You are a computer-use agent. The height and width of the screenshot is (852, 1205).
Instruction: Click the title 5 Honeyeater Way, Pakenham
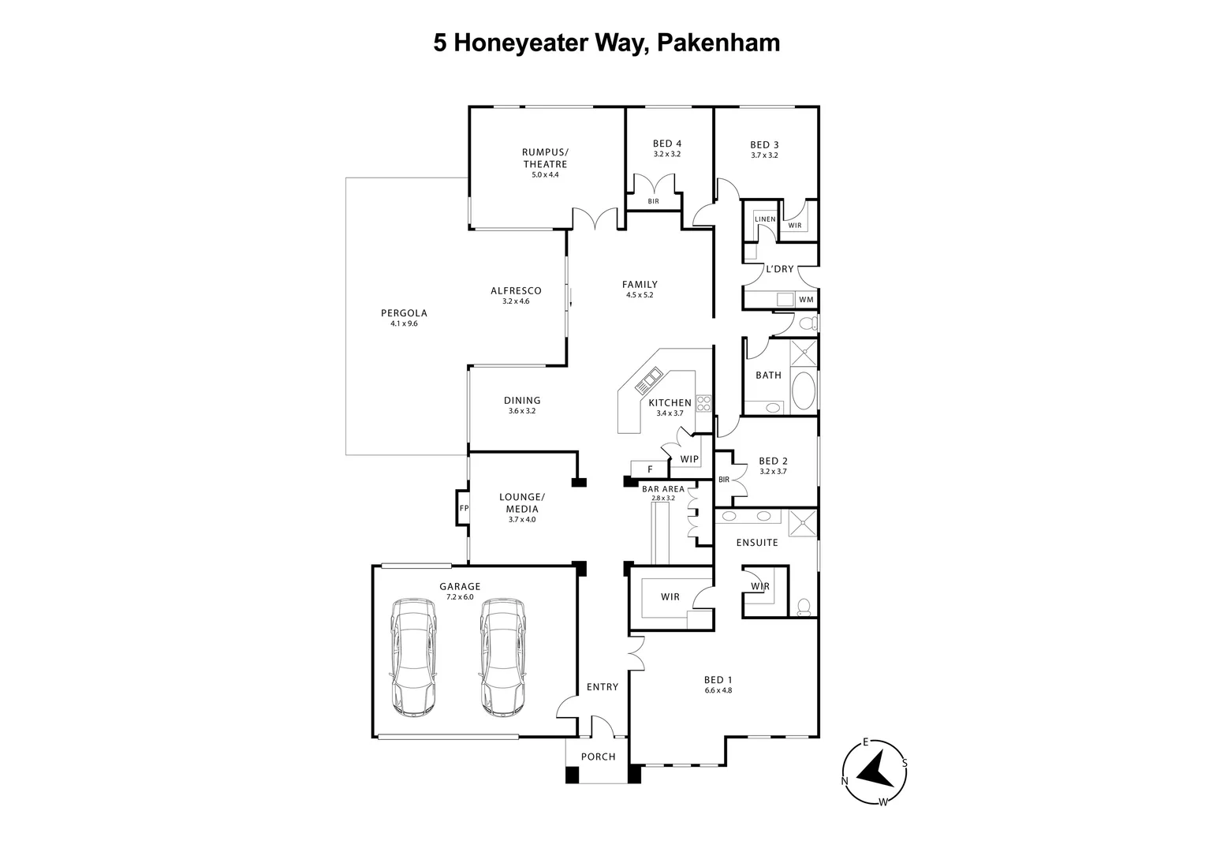pos(606,42)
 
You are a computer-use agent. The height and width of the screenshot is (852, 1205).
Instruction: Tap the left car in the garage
pos(413,657)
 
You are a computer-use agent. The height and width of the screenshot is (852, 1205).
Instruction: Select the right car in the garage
pos(502,657)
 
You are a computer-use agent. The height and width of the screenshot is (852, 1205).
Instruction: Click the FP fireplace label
pos(464,508)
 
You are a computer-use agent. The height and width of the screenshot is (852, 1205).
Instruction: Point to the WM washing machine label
pos(805,300)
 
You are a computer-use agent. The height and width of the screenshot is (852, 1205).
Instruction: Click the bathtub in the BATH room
pos(804,391)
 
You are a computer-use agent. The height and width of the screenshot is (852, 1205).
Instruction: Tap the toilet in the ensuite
pos(804,606)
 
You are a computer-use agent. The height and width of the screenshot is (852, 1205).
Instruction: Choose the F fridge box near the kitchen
pos(650,469)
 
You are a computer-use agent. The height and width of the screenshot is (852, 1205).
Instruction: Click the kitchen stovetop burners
pos(703,403)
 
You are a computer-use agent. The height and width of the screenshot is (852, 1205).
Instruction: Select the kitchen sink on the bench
pos(649,381)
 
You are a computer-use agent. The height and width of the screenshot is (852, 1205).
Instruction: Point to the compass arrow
pos(874,769)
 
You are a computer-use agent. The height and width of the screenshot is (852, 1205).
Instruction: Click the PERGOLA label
pos(404,313)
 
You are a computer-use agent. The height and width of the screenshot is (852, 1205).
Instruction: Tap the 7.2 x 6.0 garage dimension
pos(460,597)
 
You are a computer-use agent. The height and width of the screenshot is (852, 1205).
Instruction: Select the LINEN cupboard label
pos(765,219)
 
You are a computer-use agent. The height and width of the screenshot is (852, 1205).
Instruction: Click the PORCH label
pos(598,757)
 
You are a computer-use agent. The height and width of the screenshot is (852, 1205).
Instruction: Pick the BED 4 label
pos(666,144)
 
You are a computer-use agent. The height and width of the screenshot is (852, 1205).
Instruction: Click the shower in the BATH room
pos(804,353)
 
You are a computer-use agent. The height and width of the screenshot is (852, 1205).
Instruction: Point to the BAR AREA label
pos(663,489)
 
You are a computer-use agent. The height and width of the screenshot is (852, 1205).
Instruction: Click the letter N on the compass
pos(845,781)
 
